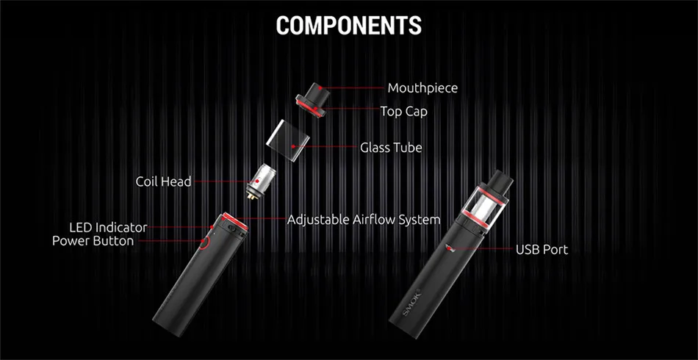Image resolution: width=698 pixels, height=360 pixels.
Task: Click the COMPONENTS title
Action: point(348,25)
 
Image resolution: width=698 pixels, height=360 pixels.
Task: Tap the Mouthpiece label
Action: point(422,88)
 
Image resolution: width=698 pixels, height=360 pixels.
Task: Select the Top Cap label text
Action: point(403,112)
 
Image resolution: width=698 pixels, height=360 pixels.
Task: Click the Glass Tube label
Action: point(391,148)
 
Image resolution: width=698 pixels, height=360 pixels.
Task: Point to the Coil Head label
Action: point(163,181)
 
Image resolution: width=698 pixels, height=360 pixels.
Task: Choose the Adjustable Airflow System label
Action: point(364,220)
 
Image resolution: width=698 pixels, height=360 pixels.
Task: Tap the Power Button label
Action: point(93,241)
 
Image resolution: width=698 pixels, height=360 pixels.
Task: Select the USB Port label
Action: point(542,250)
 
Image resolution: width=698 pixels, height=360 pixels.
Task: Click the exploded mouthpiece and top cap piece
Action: point(312,99)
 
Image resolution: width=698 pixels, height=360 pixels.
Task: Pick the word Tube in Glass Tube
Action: point(408,148)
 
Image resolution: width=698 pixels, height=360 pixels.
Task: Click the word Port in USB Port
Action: point(555,250)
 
